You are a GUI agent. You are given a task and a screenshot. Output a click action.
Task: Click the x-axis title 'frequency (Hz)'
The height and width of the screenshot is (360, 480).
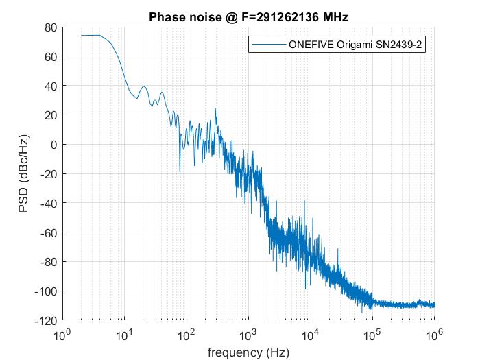[x=248, y=352]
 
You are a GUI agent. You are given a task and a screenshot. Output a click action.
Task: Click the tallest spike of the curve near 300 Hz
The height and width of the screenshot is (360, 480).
[x=215, y=109]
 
